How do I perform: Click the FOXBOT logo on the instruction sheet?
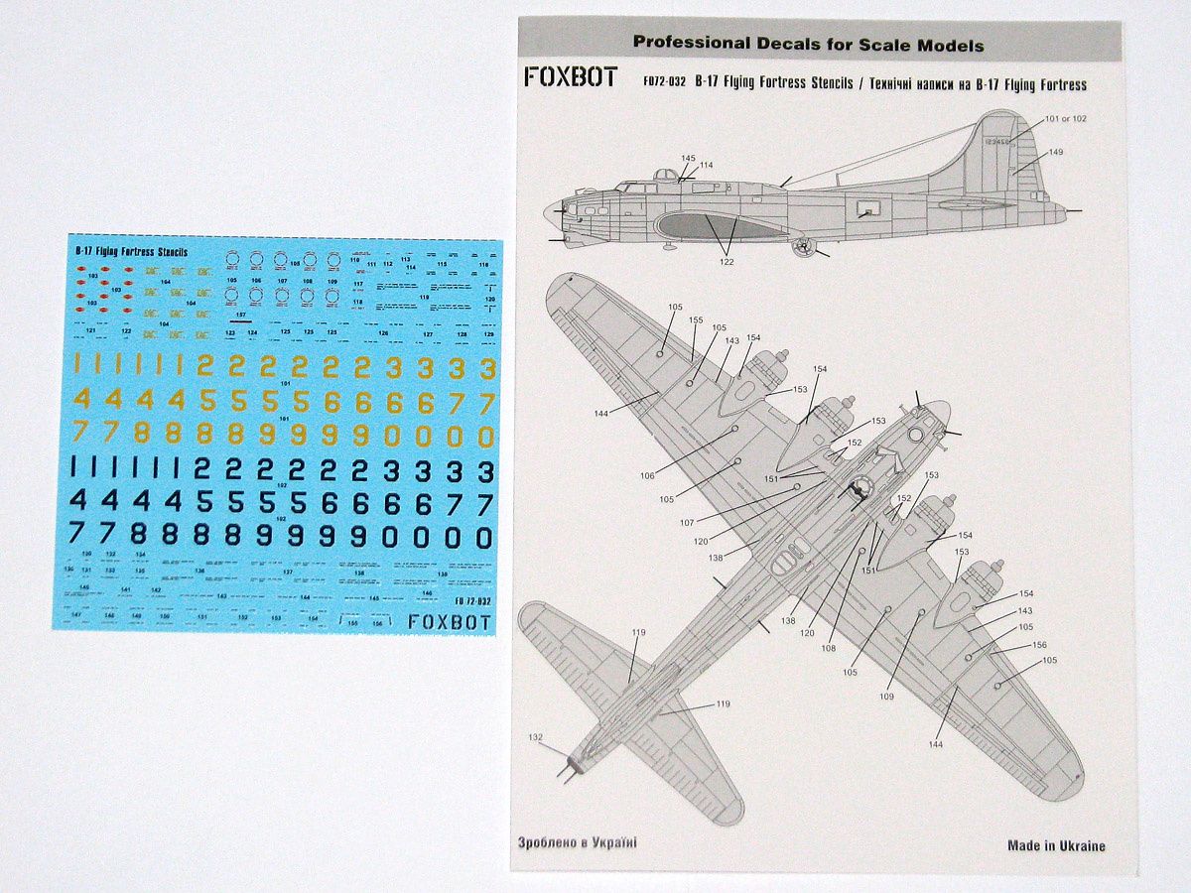[x=571, y=76]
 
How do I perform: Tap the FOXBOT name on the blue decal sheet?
[x=451, y=622]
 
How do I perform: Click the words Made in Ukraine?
[x=1056, y=845]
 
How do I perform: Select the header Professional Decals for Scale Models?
[x=808, y=44]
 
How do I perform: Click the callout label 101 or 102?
[x=1065, y=118]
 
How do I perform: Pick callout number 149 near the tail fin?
[x=1055, y=152]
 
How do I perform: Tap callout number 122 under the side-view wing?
[x=727, y=262]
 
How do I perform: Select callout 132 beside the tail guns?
[x=536, y=737]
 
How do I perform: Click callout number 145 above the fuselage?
[x=689, y=158]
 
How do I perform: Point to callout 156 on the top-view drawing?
[x=1039, y=645]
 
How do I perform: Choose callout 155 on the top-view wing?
[x=696, y=320]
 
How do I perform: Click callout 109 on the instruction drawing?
[x=886, y=696]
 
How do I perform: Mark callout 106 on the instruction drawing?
[x=647, y=475]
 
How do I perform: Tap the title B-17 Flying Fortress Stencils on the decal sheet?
[x=132, y=253]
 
